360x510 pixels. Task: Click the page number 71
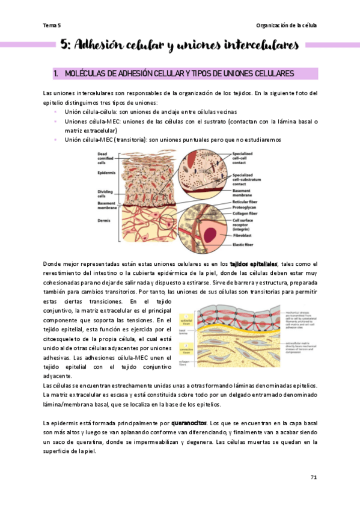click(x=313, y=477)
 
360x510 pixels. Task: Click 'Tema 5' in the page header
click(x=52, y=25)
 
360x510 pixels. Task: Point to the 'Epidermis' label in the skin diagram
click(x=106, y=173)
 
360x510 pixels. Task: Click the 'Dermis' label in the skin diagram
click(x=103, y=220)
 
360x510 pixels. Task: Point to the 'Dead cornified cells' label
click(x=106, y=158)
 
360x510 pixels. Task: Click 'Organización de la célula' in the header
click(x=286, y=25)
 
